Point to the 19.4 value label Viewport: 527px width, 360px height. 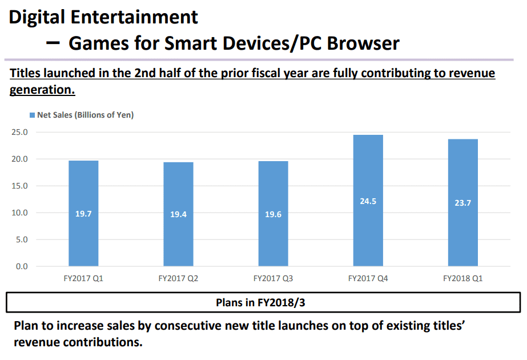click(178, 215)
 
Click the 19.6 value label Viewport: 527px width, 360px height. click(273, 215)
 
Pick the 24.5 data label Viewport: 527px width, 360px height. click(368, 201)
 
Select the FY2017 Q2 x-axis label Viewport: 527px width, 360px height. click(178, 279)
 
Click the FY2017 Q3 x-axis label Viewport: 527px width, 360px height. click(273, 279)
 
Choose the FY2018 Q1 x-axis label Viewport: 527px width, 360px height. click(463, 279)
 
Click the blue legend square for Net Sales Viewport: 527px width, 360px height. click(33, 115)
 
